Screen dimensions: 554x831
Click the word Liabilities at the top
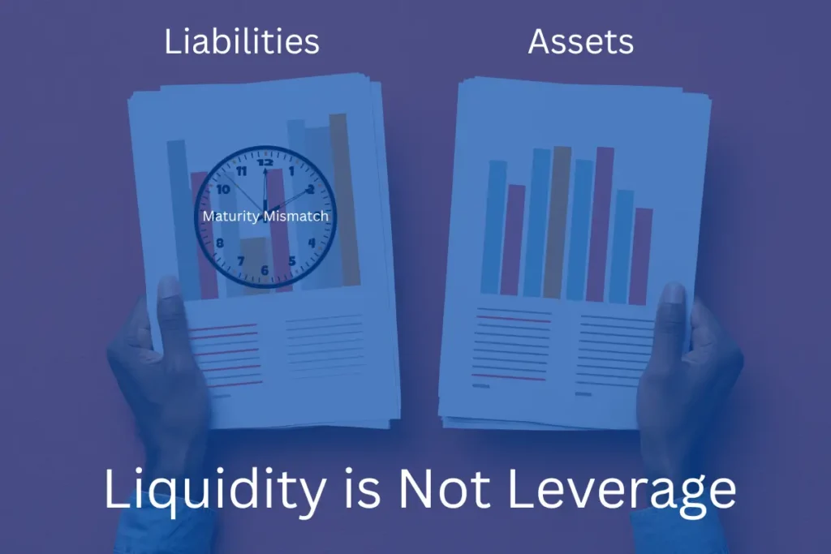241,41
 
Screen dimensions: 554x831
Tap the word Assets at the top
580,41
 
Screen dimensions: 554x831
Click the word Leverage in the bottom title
614,489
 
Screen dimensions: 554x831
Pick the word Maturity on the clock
230,217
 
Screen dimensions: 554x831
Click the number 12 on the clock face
265,162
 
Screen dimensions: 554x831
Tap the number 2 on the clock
310,190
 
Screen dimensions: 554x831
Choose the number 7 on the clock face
240,261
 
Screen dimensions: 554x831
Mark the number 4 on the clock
312,242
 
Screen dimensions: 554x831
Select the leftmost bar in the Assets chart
493,226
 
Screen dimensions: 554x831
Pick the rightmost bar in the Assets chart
641,256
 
